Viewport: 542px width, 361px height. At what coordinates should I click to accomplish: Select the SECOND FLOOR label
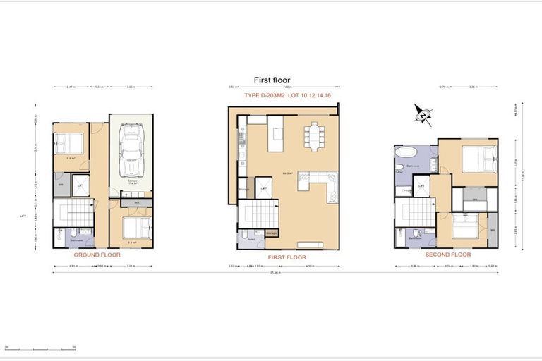click(450, 254)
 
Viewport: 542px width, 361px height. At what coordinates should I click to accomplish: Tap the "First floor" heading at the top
click(272, 80)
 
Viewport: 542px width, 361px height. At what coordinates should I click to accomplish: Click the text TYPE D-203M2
click(263, 94)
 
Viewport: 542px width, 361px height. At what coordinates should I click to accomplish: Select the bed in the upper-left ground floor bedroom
click(69, 143)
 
